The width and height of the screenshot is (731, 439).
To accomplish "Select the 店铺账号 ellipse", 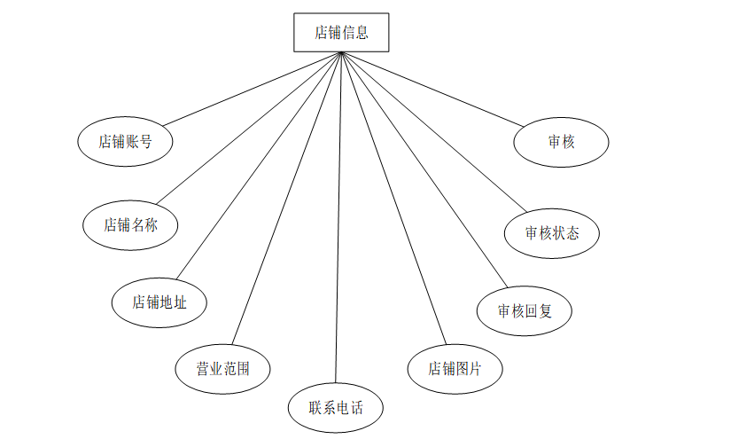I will coord(125,141).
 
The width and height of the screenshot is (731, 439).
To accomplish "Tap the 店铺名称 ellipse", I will coord(130,225).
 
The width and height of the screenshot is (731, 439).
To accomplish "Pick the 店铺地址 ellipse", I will coord(159,302).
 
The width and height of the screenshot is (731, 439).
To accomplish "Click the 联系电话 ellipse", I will coord(335,408).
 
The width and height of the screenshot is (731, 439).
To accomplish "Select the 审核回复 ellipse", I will coord(524,310).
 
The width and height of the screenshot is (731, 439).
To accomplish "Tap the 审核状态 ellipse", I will coord(552,234).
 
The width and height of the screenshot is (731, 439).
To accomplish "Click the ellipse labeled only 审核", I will coord(562,141).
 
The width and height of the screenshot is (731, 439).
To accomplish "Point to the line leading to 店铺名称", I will coord(248,127).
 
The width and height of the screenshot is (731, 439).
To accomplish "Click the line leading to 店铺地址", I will coord(257,166).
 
